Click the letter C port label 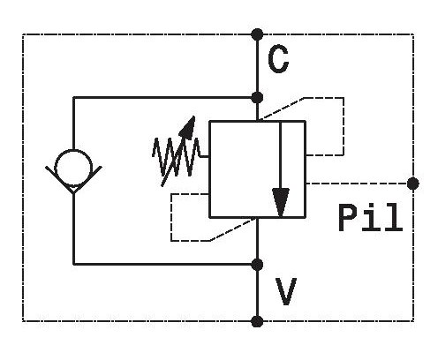pyautogui.click(x=278, y=59)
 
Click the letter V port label pyautogui.click(x=286, y=291)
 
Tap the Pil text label pyautogui.click(x=370, y=217)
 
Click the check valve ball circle pyautogui.click(x=73, y=168)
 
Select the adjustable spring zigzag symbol pyautogui.click(x=176, y=157)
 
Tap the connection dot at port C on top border pyautogui.click(x=258, y=34)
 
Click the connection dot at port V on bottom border pyautogui.click(x=258, y=321)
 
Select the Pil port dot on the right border pyautogui.click(x=413, y=184)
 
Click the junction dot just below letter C pyautogui.click(x=258, y=97)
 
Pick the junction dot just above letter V pyautogui.click(x=258, y=265)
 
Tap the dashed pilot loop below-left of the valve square pyautogui.click(x=171, y=218)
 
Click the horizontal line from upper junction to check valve pyautogui.click(x=165, y=97)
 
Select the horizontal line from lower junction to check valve pyautogui.click(x=165, y=265)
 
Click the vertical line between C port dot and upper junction pyautogui.click(x=258, y=66)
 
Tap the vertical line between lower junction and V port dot pyautogui.click(x=258, y=293)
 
